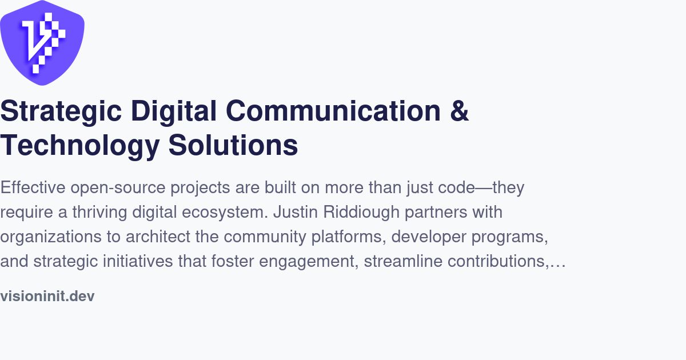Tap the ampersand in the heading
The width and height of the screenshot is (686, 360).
click(x=459, y=111)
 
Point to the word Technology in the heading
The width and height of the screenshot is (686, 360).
click(x=79, y=146)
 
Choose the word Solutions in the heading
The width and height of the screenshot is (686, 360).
click(x=233, y=146)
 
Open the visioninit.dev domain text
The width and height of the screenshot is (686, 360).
click(x=47, y=296)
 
